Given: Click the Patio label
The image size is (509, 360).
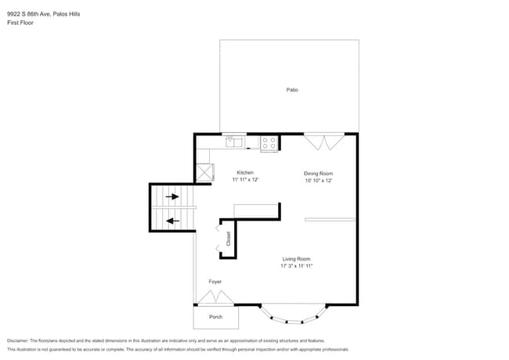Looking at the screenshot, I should (291, 90).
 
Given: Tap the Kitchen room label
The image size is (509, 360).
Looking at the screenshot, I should (245, 173).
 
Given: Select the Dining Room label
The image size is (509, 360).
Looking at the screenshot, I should (319, 173).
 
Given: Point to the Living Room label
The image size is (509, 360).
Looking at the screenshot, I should (297, 259).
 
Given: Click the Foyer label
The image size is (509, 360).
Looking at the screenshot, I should (215, 282).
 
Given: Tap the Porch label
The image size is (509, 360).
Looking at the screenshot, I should (215, 317).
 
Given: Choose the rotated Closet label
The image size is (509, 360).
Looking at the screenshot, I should (229, 239).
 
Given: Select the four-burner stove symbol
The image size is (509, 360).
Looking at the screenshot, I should (269, 143).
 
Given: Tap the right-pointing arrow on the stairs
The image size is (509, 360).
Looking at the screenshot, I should (171, 196).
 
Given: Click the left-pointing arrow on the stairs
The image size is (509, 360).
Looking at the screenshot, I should (171, 221).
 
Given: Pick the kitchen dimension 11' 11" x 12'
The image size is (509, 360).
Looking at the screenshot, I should (245, 180).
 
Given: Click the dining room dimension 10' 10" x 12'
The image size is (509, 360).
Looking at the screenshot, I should (319, 180).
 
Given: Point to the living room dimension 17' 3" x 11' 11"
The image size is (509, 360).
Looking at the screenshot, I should (297, 266).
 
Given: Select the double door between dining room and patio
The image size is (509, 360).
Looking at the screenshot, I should (323, 141).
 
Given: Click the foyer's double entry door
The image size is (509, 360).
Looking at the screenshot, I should (214, 297).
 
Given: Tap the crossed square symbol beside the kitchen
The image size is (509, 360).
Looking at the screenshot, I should (204, 172).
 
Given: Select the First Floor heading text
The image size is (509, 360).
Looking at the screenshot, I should (20, 23).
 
